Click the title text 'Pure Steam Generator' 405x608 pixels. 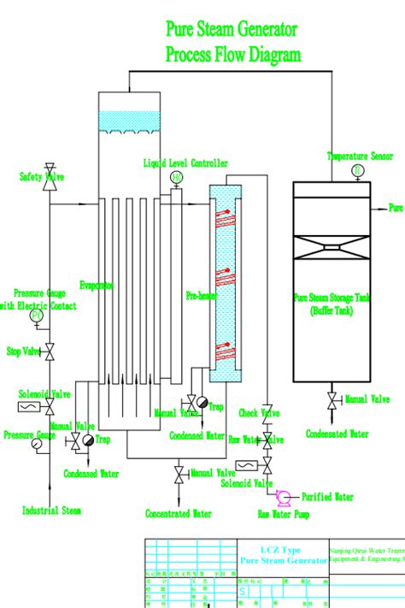coord(232,30)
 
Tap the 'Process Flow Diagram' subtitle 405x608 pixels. coord(232,56)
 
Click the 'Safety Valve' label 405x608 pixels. coord(42,176)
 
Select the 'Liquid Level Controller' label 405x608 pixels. coord(185,162)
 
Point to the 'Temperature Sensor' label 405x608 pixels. coord(360,156)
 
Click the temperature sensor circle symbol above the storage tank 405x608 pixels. coord(357,170)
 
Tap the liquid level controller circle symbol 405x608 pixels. coord(177,177)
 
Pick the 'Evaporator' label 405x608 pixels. coord(97,285)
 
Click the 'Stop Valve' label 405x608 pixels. coord(24,351)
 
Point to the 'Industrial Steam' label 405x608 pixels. coord(51,511)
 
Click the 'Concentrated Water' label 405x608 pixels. coord(179,514)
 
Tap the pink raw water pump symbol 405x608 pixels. coord(283,496)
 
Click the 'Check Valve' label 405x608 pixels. coord(259,414)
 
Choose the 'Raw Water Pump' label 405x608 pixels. coord(285,515)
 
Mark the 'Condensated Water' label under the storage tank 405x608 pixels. coord(338,434)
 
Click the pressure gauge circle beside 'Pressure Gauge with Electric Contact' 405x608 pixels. coord(37,316)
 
